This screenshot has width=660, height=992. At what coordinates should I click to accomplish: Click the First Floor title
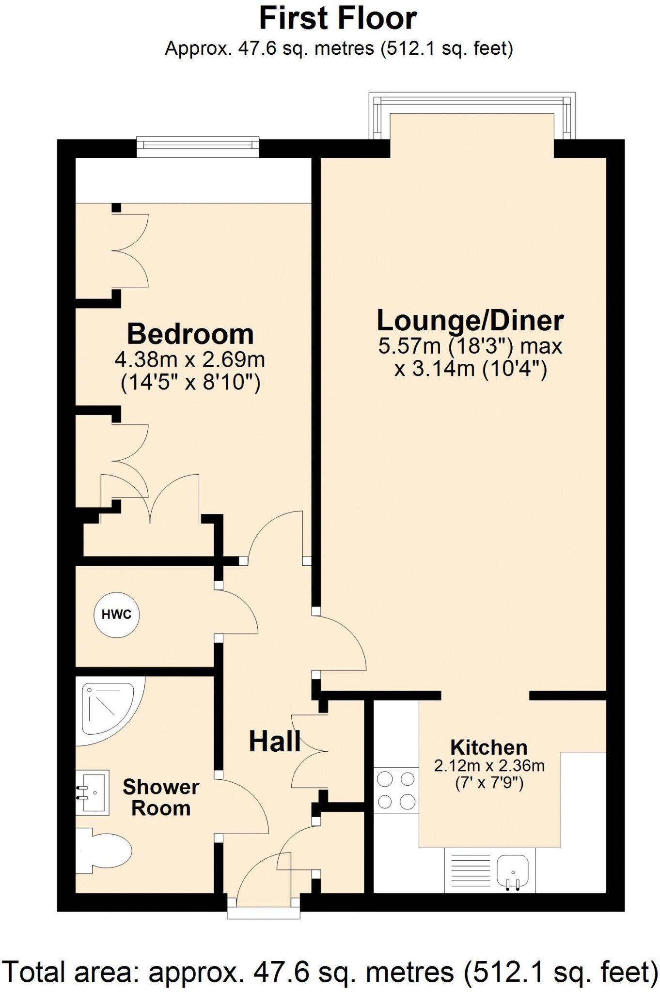click(x=338, y=18)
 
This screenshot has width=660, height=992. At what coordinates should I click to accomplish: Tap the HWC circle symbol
click(x=116, y=615)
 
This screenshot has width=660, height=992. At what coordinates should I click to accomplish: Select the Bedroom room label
click(x=190, y=334)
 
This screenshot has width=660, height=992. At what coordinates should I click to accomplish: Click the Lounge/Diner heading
click(x=470, y=320)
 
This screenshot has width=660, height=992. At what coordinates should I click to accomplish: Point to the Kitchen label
click(x=488, y=747)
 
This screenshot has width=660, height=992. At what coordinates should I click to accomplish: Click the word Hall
click(x=275, y=742)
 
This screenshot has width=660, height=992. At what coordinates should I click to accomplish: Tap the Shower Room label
click(x=160, y=797)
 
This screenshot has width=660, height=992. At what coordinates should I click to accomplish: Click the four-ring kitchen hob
click(x=396, y=791)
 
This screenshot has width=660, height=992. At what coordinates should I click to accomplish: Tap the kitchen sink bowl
click(x=512, y=869)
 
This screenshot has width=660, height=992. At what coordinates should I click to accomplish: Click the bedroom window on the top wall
click(x=198, y=147)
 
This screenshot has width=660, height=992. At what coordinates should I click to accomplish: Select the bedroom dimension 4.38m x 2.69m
click(x=190, y=359)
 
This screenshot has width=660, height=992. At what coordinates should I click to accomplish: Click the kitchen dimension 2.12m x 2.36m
click(x=489, y=766)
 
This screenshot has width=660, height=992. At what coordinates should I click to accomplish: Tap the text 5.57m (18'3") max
click(x=470, y=346)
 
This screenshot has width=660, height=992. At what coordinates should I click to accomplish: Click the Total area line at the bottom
click(x=330, y=971)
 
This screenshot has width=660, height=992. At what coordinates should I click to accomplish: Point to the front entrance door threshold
click(x=264, y=913)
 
